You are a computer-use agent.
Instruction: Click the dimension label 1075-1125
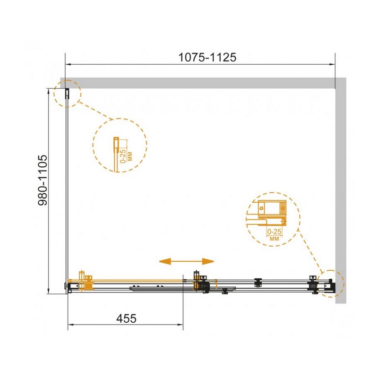point(207,57)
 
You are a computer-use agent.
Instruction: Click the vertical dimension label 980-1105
point(43,180)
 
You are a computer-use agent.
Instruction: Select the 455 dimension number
point(126,318)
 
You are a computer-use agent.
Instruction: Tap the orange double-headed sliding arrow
point(186,261)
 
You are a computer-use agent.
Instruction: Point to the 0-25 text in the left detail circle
point(123,156)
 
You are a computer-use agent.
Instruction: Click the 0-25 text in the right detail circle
point(275,232)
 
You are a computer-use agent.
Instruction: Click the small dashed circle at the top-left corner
point(67,94)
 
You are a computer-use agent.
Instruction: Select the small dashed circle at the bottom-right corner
point(330,283)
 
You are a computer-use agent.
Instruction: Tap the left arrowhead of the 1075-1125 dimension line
point(68,64)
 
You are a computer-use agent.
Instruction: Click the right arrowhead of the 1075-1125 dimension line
point(332,64)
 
